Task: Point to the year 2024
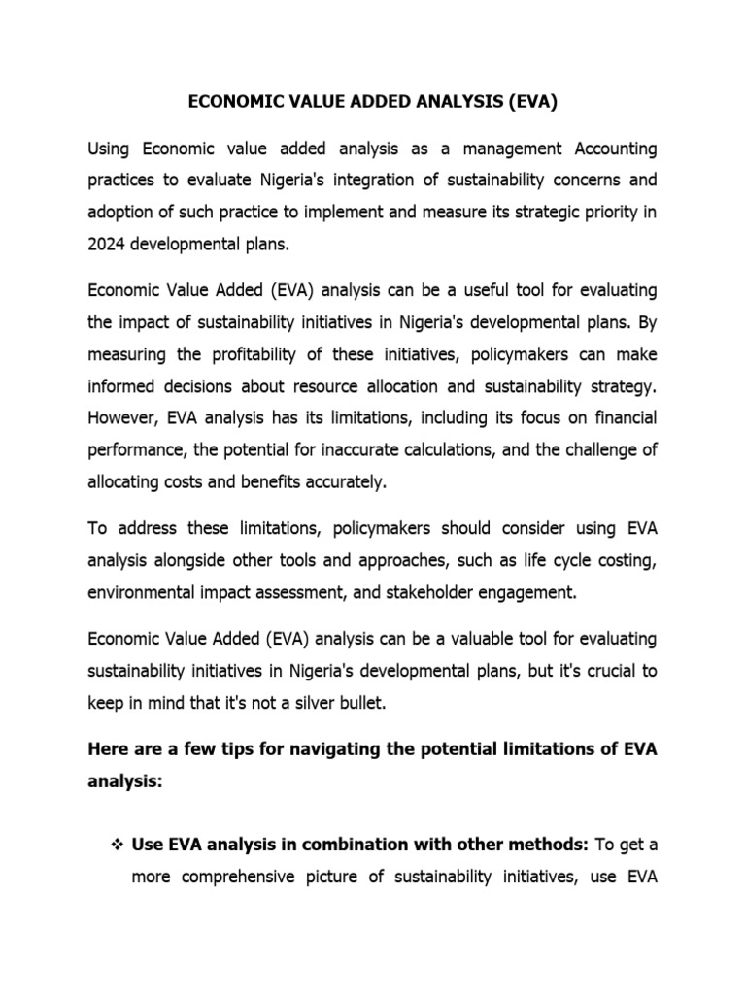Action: point(108,244)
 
